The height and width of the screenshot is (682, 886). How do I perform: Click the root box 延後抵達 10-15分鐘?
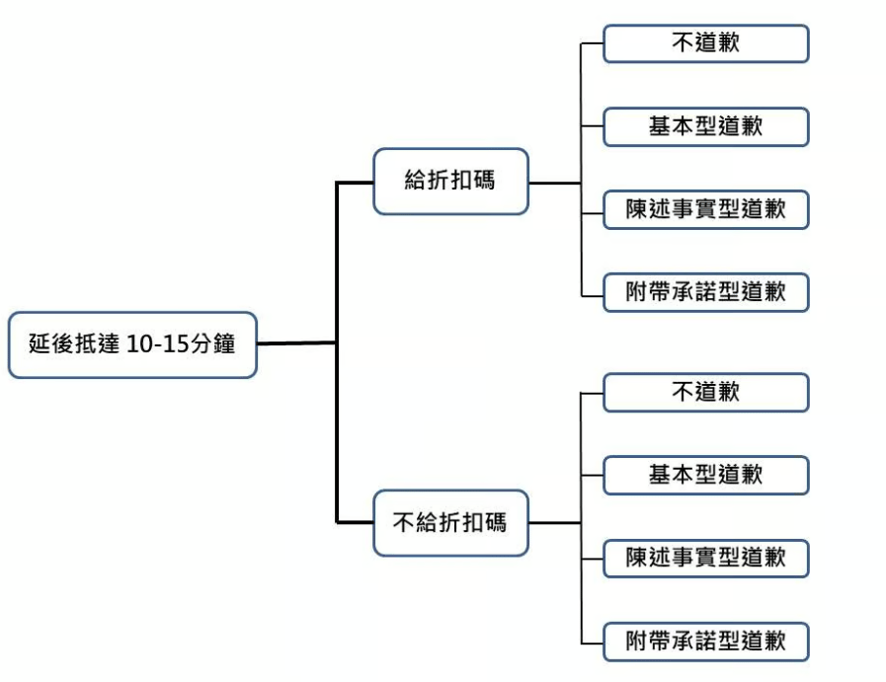click(x=132, y=344)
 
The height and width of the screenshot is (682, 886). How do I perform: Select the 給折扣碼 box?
click(x=451, y=182)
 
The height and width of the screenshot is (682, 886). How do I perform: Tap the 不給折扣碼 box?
click(x=451, y=523)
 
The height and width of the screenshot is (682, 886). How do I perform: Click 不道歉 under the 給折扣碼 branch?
click(x=706, y=43)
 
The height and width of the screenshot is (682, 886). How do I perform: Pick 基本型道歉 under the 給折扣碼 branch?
click(x=706, y=126)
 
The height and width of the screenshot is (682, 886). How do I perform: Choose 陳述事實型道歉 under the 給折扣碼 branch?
click(x=706, y=209)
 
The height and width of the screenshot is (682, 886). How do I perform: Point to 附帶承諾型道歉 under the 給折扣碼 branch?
click(x=706, y=292)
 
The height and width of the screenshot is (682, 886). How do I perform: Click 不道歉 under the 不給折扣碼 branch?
click(x=706, y=393)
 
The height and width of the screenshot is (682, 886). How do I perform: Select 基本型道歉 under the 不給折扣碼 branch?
click(x=706, y=476)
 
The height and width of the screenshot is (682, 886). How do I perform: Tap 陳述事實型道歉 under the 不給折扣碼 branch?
click(x=706, y=559)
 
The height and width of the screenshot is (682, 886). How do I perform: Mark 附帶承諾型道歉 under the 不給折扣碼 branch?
click(x=706, y=642)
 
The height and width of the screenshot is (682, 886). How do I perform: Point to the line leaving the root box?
click(x=296, y=343)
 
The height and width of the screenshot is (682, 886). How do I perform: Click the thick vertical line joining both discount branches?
click(x=337, y=352)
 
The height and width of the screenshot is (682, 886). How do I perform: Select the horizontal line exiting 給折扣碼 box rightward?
click(x=555, y=183)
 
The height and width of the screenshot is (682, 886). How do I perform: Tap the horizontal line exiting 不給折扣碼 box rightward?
click(x=555, y=523)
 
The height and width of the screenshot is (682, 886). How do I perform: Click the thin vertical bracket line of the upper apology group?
click(x=582, y=170)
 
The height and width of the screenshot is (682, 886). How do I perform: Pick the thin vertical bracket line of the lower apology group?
click(x=582, y=518)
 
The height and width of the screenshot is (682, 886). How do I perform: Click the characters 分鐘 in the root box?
click(x=212, y=343)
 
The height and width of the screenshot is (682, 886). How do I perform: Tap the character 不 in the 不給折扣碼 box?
click(x=403, y=523)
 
